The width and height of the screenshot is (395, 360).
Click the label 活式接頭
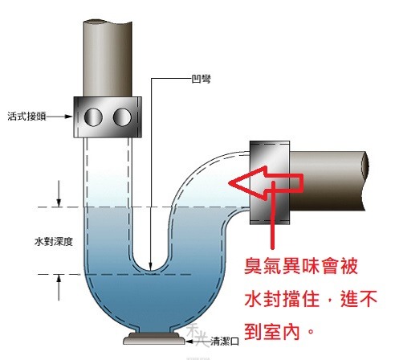[x=26, y=117]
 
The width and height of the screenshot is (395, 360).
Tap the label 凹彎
[x=202, y=79]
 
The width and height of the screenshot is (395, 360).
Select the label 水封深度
[x=54, y=242]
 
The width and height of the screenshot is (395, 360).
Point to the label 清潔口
[x=225, y=341]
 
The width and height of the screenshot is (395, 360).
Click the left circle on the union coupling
[x=93, y=117]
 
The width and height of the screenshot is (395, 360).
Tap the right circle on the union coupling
[x=122, y=117]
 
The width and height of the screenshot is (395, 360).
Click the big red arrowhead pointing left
[x=247, y=182]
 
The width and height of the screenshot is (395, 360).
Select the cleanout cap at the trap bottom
[x=154, y=338]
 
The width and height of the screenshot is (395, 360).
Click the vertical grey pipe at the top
[x=108, y=58]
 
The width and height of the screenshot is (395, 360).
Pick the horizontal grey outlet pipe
[x=329, y=181]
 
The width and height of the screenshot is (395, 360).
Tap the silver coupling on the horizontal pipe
[x=270, y=182]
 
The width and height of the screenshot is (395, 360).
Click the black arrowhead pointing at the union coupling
[x=68, y=117]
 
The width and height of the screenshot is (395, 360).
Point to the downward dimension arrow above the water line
[x=59, y=194]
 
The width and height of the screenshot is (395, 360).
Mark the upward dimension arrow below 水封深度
[x=59, y=288]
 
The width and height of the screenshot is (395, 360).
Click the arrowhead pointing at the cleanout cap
[x=189, y=342]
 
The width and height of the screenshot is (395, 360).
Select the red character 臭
[x=253, y=266]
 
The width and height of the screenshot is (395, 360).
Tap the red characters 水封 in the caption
[x=263, y=299]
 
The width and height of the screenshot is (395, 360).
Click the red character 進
[x=349, y=299]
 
